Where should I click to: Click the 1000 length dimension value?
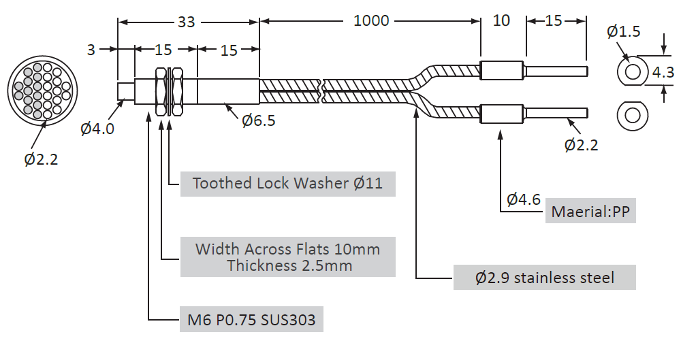371,21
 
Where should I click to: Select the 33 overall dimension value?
187,22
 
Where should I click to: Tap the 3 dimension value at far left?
91,49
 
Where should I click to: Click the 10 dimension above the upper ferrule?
501,20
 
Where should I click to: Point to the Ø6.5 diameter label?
259,120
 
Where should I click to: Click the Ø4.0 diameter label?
97,128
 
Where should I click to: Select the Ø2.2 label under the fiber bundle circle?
42,159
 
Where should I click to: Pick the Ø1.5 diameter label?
623,32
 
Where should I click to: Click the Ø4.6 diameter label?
524,199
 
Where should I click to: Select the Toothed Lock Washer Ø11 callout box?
287,183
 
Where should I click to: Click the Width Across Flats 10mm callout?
287,257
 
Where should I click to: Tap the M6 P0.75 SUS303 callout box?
251,319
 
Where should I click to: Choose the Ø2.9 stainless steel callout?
544,277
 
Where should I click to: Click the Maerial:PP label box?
592,212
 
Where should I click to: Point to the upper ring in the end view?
633,71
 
